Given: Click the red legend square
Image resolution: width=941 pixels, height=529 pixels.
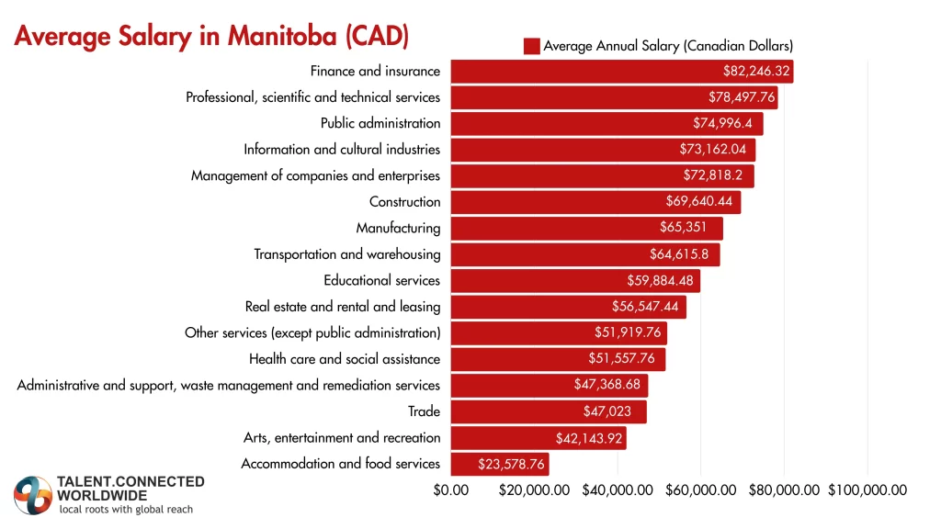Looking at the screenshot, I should pyautogui.click(x=531, y=46).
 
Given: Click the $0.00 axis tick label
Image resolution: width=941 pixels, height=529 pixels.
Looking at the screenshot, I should pyautogui.click(x=451, y=490).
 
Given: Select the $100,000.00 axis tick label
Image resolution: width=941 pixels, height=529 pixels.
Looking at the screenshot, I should pyautogui.click(x=867, y=490).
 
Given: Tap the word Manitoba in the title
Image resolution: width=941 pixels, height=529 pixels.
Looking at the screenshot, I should pyautogui.click(x=273, y=38).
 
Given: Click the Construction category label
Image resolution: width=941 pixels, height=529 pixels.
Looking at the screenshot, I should pyautogui.click(x=404, y=202).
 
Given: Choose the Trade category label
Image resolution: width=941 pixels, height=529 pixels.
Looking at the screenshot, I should pyautogui.click(x=424, y=411).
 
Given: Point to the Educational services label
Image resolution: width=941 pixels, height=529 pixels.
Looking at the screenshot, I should pyautogui.click(x=381, y=280).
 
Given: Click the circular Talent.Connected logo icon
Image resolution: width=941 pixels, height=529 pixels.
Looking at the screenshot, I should pyautogui.click(x=33, y=495).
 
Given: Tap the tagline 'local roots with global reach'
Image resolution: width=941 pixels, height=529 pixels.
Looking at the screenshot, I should pyautogui.click(x=126, y=509).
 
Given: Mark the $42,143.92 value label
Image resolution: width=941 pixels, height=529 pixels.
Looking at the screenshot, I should pyautogui.click(x=589, y=437).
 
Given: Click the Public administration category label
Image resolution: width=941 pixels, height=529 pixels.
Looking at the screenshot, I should pyautogui.click(x=380, y=123).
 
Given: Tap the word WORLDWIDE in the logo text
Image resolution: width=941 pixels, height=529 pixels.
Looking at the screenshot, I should pyautogui.click(x=102, y=495).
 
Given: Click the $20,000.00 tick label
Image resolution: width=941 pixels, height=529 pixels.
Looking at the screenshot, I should pyautogui.click(x=535, y=490).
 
